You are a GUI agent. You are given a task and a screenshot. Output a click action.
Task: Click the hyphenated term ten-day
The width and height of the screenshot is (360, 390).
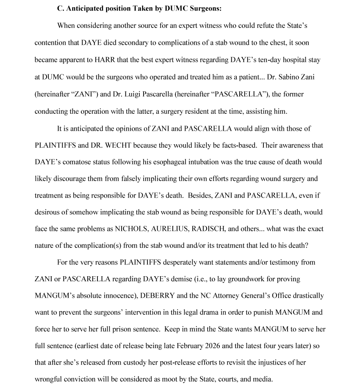pos(266,60)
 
